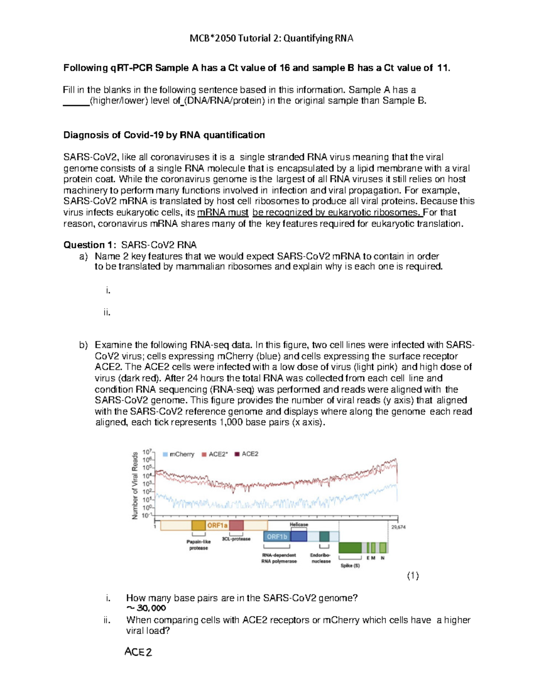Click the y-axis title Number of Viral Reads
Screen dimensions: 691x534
pos(135,485)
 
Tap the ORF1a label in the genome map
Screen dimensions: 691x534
pos(217,525)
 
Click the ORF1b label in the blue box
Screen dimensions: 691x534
pos(277,537)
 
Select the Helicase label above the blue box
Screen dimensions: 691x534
pos(299,525)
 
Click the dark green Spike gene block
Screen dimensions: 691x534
pos(350,548)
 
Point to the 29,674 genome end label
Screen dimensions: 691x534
pos(398,527)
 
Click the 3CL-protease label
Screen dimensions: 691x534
pos(236,539)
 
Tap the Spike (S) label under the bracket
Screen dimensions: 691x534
pos(350,566)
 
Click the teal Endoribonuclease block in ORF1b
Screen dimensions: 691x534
pos(324,536)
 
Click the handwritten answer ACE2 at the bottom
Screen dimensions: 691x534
pos(138,652)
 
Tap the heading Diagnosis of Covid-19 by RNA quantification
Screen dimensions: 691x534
pos(164,135)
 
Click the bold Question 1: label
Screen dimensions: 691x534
pos(90,245)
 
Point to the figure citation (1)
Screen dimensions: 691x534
pos(413,576)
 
